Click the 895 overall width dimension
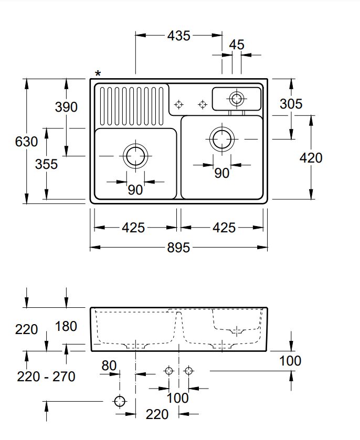coord(178,248)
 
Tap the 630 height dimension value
coord(26,142)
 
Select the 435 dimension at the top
coord(178,36)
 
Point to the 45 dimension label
coord(237,45)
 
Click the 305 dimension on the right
coord(291,104)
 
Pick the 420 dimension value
coord(311,157)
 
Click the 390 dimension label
coord(66,107)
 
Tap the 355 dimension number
coord(46,164)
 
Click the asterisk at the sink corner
coord(98,74)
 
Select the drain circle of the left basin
coord(135,156)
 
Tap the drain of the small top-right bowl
coord(236,98)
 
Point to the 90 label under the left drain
coord(135,190)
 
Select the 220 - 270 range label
coord(46,376)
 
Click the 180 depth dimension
coord(66,326)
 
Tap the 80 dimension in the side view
coord(109,365)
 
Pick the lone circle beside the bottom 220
coord(120,401)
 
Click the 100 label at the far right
coord(290,361)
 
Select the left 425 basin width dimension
coord(133,228)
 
